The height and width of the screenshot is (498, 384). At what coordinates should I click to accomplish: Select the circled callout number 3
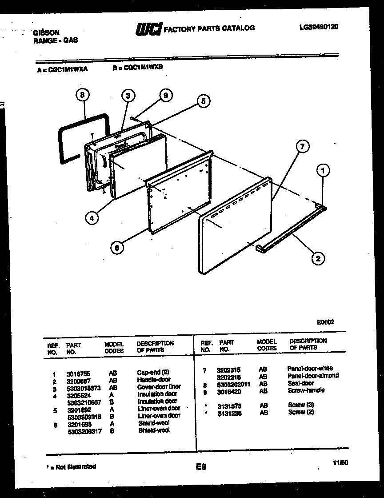point(128,95)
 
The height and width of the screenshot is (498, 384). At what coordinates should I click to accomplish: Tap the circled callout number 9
point(165,95)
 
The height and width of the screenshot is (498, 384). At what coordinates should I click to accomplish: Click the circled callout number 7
point(302,147)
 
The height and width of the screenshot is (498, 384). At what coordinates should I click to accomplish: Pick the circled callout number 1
point(323,170)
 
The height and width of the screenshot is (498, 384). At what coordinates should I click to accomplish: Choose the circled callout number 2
point(318,258)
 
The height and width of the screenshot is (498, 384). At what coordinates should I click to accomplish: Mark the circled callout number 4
point(91,218)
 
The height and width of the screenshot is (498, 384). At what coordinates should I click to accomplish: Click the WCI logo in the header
point(149,28)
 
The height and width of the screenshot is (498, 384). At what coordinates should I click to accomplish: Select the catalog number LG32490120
point(319,27)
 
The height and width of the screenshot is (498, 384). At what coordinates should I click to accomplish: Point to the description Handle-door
point(153,380)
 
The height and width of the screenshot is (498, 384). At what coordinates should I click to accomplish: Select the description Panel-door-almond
point(312,376)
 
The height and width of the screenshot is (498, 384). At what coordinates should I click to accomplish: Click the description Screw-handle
point(306,390)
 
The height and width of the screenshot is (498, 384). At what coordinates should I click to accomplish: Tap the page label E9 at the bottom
point(200,467)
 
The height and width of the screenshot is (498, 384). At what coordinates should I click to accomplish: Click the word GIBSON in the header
point(46,33)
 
